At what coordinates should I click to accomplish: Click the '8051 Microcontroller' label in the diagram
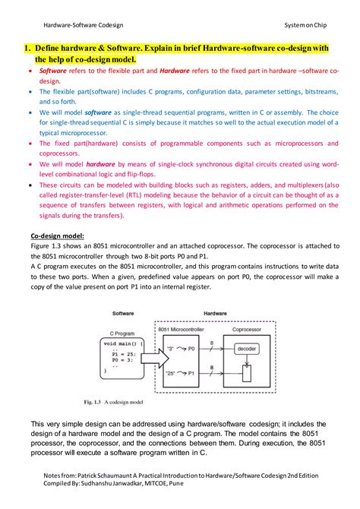183,329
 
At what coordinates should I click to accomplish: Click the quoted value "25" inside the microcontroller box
171,373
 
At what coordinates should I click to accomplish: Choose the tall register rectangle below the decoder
245,373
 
